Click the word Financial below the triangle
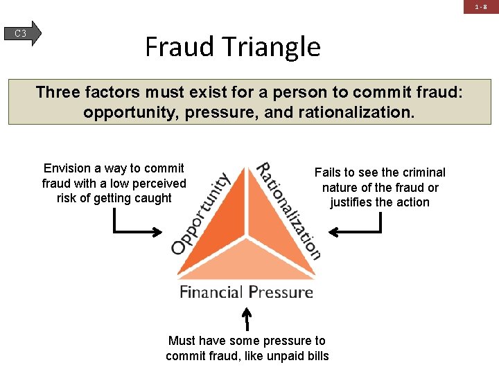[x=211, y=292]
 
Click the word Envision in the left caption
[x=67, y=168]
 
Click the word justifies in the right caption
[x=351, y=202]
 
